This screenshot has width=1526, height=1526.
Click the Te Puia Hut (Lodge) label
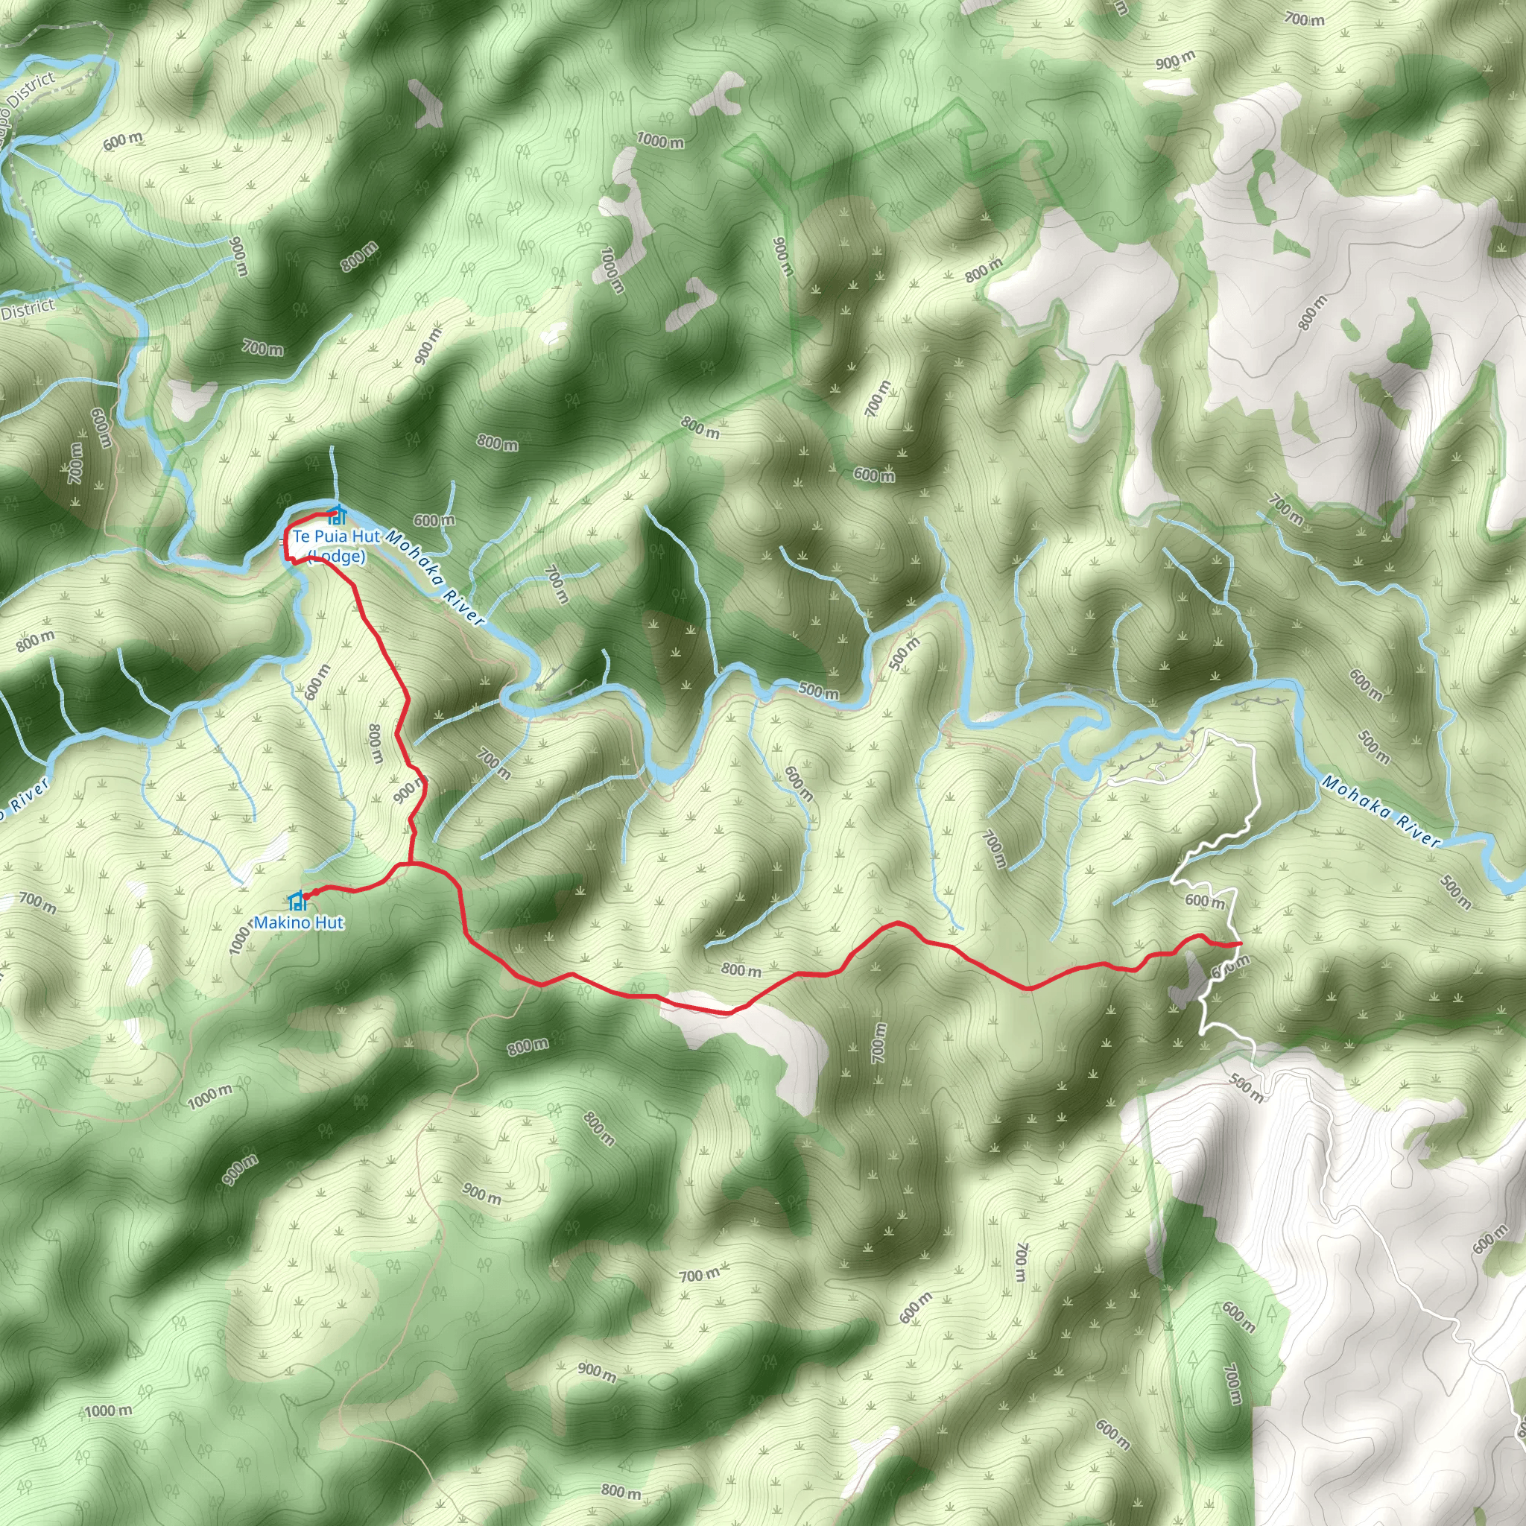337,545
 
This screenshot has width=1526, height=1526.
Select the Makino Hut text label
299,922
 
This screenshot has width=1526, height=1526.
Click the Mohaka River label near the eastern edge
1381,811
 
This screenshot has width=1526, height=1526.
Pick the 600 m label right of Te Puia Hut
434,521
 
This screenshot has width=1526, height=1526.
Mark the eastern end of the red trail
1240,944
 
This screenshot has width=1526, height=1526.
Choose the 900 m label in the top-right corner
1175,60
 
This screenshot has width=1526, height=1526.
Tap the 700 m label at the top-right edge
1304,19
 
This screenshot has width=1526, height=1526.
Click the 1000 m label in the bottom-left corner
108,1411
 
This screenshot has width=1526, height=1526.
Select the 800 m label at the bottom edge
621,1491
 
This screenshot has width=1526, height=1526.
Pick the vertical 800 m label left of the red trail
376,743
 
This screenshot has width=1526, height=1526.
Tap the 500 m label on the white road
1247,1088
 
